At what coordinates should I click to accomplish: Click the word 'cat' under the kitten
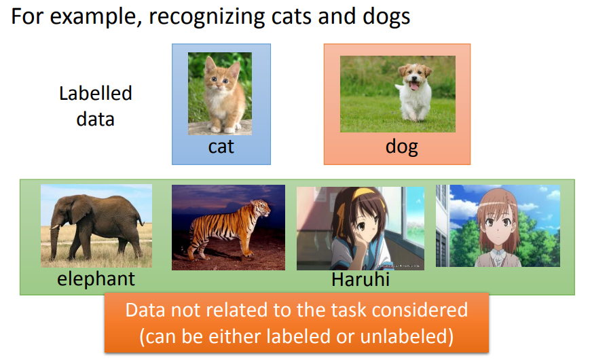(221, 146)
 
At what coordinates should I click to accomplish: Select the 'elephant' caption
(96, 278)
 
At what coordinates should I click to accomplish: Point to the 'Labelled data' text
(95, 106)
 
